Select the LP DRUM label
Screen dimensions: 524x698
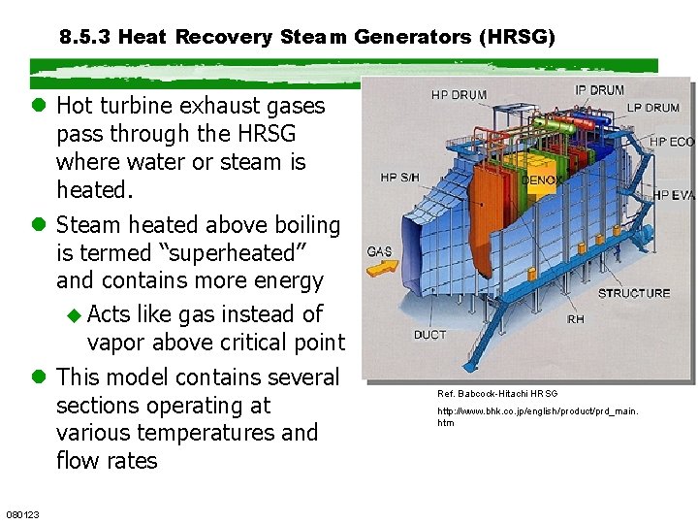(651, 108)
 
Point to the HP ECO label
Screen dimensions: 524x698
(671, 142)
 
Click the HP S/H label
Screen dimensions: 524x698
(400, 178)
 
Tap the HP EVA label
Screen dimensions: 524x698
(673, 195)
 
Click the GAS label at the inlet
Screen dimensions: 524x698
(379, 251)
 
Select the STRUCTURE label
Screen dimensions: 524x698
(634, 293)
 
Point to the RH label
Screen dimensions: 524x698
(576, 318)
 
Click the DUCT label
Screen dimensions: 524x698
(429, 335)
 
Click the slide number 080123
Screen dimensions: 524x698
(22, 514)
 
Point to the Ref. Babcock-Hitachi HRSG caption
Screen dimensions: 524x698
(497, 394)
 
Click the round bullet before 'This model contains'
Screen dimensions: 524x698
(41, 377)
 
